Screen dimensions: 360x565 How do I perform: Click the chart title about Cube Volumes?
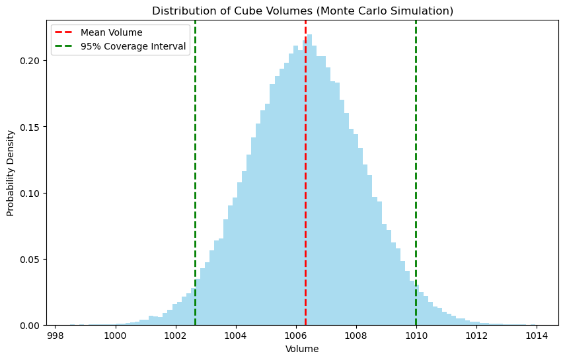pyautogui.click(x=303, y=11)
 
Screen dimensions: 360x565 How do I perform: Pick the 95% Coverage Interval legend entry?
pyautogui.click(x=133, y=47)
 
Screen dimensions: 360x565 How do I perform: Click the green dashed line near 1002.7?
pyautogui.click(x=195, y=165)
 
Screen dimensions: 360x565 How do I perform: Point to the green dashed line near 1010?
pyautogui.click(x=416, y=165)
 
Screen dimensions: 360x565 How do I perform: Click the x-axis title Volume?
pyautogui.click(x=302, y=349)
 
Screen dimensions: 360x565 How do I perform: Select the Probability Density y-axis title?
pyautogui.click(x=11, y=173)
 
